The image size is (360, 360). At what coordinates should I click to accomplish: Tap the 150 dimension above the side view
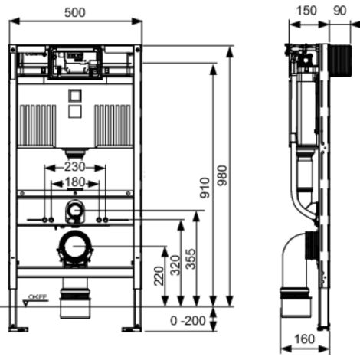click(x=305, y=13)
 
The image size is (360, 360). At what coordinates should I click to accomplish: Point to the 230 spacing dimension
click(x=74, y=167)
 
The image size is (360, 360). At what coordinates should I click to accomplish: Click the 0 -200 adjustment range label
click(x=188, y=320)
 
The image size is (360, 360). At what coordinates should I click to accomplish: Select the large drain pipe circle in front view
click(x=75, y=247)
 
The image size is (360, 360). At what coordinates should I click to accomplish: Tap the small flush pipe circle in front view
click(x=74, y=208)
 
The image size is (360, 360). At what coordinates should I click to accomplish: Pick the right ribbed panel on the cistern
click(x=112, y=122)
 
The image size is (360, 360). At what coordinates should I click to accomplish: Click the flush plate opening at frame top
click(x=75, y=63)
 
